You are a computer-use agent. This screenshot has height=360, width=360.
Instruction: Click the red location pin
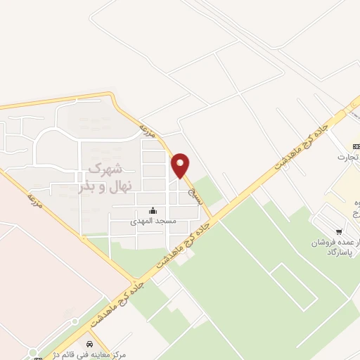coord(181,165)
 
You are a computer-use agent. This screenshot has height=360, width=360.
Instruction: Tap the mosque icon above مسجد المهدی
coord(153,210)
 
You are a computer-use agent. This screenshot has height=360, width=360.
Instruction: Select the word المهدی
coord(141,221)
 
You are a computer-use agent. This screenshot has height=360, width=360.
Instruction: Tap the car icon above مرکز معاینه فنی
coord(90,344)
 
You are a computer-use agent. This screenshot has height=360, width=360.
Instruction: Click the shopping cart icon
coord(339,231)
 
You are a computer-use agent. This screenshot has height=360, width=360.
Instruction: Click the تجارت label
coord(348,156)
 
